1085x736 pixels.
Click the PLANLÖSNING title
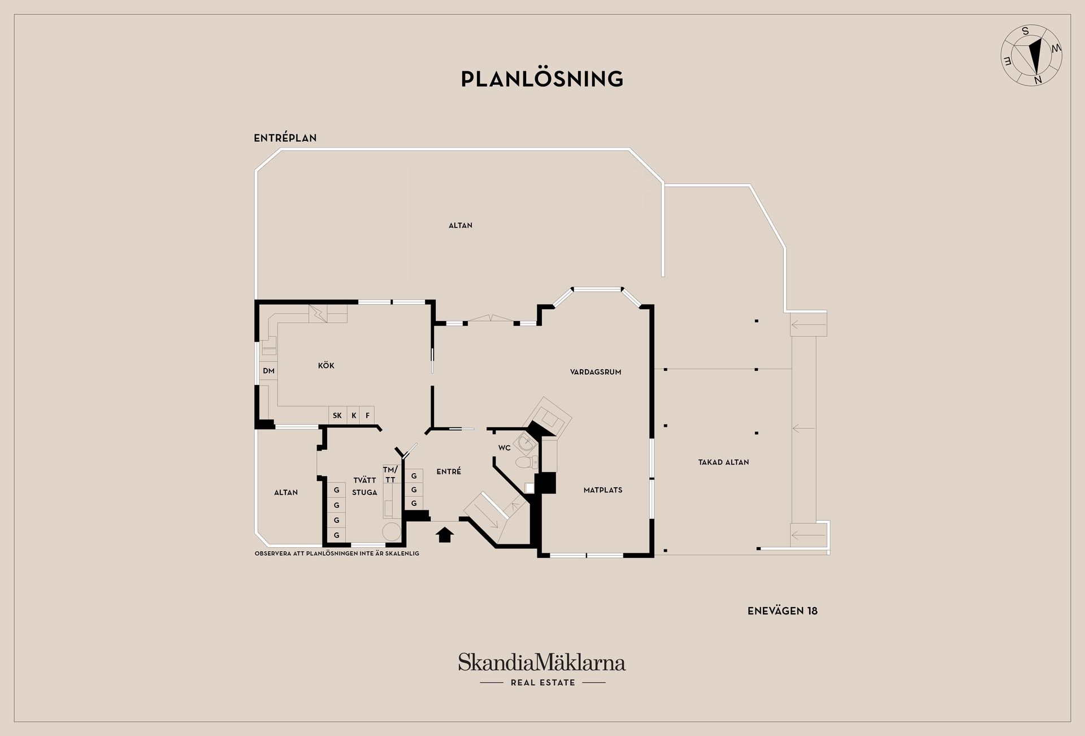[542, 79]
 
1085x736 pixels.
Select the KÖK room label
[326, 366]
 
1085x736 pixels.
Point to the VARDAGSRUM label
[596, 372]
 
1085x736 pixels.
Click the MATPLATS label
[603, 490]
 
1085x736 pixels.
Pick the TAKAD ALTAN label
[723, 462]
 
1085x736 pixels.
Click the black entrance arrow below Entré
[445, 535]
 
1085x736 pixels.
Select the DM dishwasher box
[268, 371]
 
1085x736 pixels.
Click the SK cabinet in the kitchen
[337, 415]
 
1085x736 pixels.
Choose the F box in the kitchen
[367, 415]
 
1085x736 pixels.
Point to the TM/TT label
[390, 475]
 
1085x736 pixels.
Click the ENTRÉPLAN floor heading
[285, 138]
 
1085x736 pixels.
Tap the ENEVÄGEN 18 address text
[782, 611]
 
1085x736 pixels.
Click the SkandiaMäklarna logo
[542, 669]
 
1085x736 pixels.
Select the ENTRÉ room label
[449, 471]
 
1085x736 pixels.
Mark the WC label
[504, 448]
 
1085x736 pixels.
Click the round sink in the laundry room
[391, 532]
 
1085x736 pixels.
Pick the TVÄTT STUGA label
[364, 486]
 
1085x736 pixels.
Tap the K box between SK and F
[354, 415]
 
